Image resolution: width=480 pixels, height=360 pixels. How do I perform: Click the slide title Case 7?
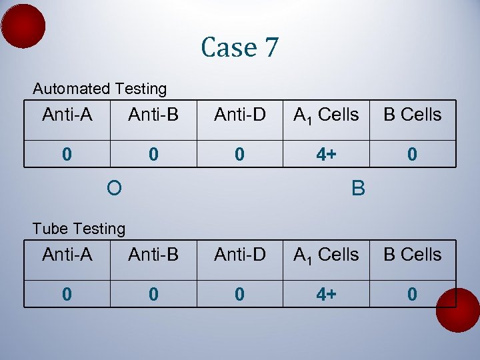240,47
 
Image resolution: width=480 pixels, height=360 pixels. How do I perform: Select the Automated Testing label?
100,89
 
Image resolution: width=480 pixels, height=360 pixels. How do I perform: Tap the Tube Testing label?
79,229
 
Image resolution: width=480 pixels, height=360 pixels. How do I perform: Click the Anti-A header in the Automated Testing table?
67,115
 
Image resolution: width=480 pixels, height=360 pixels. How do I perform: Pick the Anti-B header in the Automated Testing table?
153,115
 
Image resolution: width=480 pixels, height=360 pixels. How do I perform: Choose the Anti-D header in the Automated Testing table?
240,115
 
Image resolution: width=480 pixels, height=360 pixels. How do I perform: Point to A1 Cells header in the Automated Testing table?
326,115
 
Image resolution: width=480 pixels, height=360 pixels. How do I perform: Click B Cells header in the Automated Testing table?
412,115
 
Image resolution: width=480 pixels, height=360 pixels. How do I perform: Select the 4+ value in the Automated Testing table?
326,155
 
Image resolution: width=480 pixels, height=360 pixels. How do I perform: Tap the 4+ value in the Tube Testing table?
326,295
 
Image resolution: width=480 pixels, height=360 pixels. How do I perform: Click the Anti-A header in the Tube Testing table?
67,255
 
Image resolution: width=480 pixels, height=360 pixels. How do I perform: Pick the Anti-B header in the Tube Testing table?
153,255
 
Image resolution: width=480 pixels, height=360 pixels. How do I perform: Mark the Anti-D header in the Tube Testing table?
240,255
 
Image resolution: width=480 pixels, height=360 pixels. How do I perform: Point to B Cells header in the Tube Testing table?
412,255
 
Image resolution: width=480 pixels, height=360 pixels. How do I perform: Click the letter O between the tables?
114,189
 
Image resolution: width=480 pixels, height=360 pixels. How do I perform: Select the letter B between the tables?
358,189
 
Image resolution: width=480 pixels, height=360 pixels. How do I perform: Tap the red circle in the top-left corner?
23,26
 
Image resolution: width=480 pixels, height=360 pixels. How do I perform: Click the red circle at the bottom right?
457,310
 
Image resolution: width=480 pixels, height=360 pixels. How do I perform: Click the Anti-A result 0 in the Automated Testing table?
67,155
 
